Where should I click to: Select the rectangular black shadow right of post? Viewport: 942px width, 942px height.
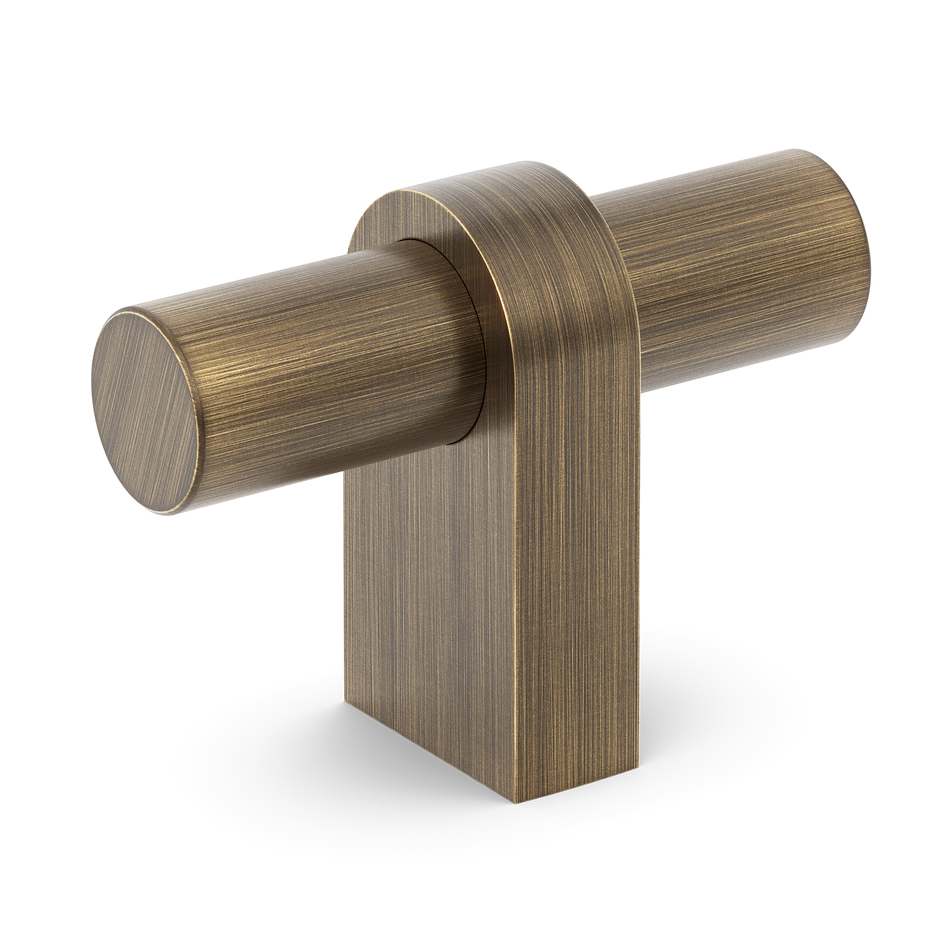(780, 731)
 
